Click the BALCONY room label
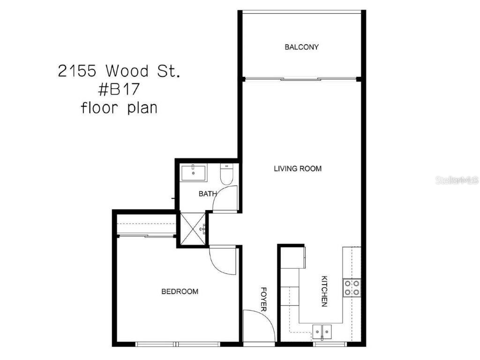pos(301,47)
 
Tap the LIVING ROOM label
pos(298,168)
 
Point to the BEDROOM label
pos(180,292)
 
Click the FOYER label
pos(263,300)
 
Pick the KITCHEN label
pos(323,291)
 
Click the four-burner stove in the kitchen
pos(351,287)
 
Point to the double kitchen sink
pos(322,330)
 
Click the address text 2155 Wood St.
pos(119,71)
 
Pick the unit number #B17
pos(119,90)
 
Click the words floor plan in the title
pos(119,108)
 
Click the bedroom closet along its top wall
pos(145,225)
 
